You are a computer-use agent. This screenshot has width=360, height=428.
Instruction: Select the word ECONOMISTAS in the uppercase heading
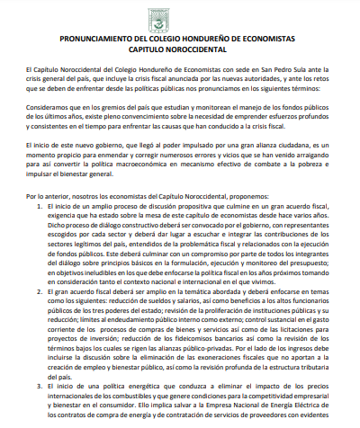284,41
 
